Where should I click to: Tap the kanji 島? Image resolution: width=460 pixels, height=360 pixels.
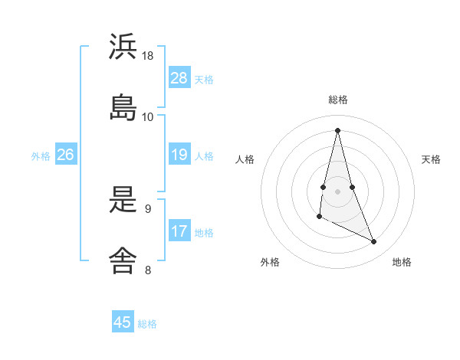coord(123,107)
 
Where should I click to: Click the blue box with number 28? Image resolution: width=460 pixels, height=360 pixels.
coord(179,78)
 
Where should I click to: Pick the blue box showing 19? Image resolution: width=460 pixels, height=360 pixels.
coord(179,155)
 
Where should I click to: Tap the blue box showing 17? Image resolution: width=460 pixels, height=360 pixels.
coord(179,231)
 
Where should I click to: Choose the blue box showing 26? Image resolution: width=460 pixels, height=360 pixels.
coord(65,155)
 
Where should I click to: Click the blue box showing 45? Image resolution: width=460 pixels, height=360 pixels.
coord(123,322)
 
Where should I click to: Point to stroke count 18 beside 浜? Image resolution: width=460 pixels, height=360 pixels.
coord(148,56)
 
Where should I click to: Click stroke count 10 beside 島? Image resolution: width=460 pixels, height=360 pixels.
coord(148,117)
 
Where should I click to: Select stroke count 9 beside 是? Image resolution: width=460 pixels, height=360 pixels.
coord(148,208)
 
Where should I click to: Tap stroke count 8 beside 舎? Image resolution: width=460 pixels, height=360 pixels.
coord(148,269)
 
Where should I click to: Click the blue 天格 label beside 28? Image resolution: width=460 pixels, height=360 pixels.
coord(204,79)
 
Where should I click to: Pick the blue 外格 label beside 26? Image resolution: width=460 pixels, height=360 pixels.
coord(41,155)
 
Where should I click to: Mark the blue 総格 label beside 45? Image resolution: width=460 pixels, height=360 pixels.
coord(147,324)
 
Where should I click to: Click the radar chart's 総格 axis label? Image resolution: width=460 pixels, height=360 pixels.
coord(338,100)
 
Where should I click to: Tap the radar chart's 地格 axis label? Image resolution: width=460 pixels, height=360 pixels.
coord(402,262)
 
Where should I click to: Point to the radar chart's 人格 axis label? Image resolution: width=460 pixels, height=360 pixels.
coord(245,159)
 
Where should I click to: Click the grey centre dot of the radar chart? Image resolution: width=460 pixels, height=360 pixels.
coord(338,191)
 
